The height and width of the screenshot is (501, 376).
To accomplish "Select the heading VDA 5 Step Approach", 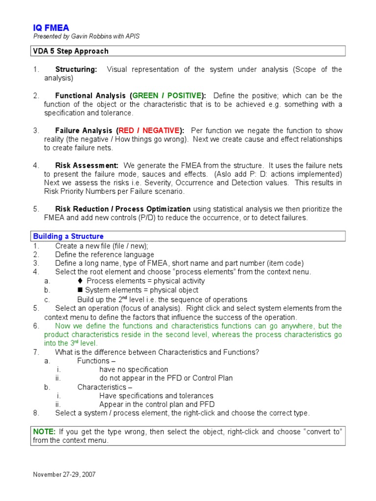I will [70, 51].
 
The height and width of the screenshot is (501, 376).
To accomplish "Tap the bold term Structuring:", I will [76, 69].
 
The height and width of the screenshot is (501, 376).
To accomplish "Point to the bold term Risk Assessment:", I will [87, 165].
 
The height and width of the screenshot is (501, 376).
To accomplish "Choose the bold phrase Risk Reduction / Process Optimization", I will [123, 209].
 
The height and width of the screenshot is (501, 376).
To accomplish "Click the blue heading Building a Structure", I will [68, 236].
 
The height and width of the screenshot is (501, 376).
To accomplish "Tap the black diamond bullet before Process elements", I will [80, 281].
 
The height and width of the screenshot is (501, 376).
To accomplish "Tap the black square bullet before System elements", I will [80, 290].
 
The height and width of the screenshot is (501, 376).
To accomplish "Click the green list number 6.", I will [36, 326].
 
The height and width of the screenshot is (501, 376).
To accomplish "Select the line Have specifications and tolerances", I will [156, 395].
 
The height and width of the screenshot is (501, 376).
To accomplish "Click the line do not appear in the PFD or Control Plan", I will [166, 378].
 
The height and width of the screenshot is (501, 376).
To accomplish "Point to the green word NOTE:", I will [44, 432].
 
